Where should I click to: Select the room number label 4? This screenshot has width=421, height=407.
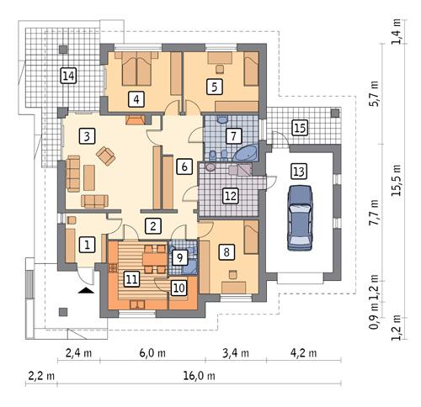(135, 98)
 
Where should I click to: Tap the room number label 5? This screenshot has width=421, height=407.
(215, 86)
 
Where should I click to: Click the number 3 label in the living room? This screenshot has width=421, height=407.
(86, 135)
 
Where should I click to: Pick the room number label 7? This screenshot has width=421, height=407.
(233, 135)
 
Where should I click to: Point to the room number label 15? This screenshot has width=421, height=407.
(299, 128)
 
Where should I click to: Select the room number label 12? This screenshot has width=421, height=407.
(230, 195)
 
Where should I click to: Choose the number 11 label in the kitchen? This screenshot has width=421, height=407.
(131, 278)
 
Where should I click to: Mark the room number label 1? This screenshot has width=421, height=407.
(86, 245)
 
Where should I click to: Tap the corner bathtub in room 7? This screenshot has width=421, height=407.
(247, 154)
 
